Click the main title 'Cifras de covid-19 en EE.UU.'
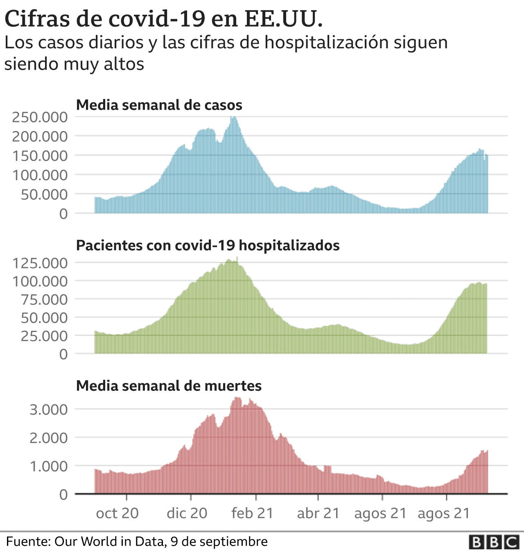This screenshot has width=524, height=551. (x=163, y=18)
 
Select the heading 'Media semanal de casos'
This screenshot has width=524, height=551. (x=159, y=105)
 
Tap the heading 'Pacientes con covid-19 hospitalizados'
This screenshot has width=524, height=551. (x=208, y=246)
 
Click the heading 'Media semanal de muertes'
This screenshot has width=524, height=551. (x=169, y=386)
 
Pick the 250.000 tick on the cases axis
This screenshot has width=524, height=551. (x=40, y=117)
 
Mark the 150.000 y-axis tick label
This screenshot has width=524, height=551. (x=40, y=156)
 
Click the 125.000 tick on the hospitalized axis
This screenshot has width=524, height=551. (x=40, y=263)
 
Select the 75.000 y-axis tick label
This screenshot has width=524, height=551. (x=44, y=300)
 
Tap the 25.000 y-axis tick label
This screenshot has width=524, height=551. (x=44, y=336)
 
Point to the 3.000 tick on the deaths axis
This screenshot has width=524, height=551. (x=48, y=409)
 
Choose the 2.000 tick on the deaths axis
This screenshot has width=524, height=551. (x=48, y=438)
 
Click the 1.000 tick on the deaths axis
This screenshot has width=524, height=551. (x=48, y=466)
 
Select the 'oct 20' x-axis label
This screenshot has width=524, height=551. (x=117, y=513)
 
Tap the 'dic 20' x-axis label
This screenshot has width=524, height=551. (x=187, y=513)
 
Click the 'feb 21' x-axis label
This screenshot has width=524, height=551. (x=252, y=513)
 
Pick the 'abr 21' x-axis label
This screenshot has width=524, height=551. (x=318, y=513)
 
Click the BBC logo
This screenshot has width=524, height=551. (x=494, y=542)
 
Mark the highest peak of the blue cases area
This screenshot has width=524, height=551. (x=233, y=118)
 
